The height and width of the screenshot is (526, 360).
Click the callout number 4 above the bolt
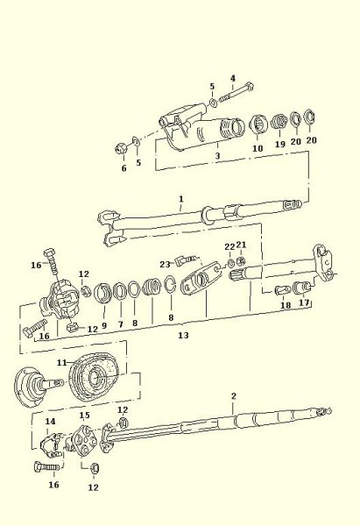click(x=233, y=79)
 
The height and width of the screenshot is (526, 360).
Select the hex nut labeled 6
click(x=120, y=147)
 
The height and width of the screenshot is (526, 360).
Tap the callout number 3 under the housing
click(x=217, y=156)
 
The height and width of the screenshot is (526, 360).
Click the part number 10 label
click(x=258, y=148)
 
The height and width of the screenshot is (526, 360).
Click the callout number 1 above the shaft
click(x=181, y=199)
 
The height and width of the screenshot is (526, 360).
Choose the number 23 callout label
click(x=165, y=265)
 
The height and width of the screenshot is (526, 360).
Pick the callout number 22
click(x=229, y=247)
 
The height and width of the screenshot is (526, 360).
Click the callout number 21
click(x=241, y=245)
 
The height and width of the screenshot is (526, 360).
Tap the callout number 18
click(x=286, y=305)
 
